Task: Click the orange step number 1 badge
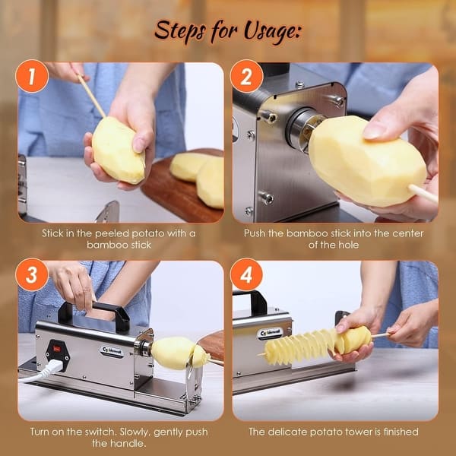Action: [x=32, y=77]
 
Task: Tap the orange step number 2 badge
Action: [x=246, y=77]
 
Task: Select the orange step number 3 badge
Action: [x=32, y=275]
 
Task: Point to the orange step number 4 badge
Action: [x=246, y=275]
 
